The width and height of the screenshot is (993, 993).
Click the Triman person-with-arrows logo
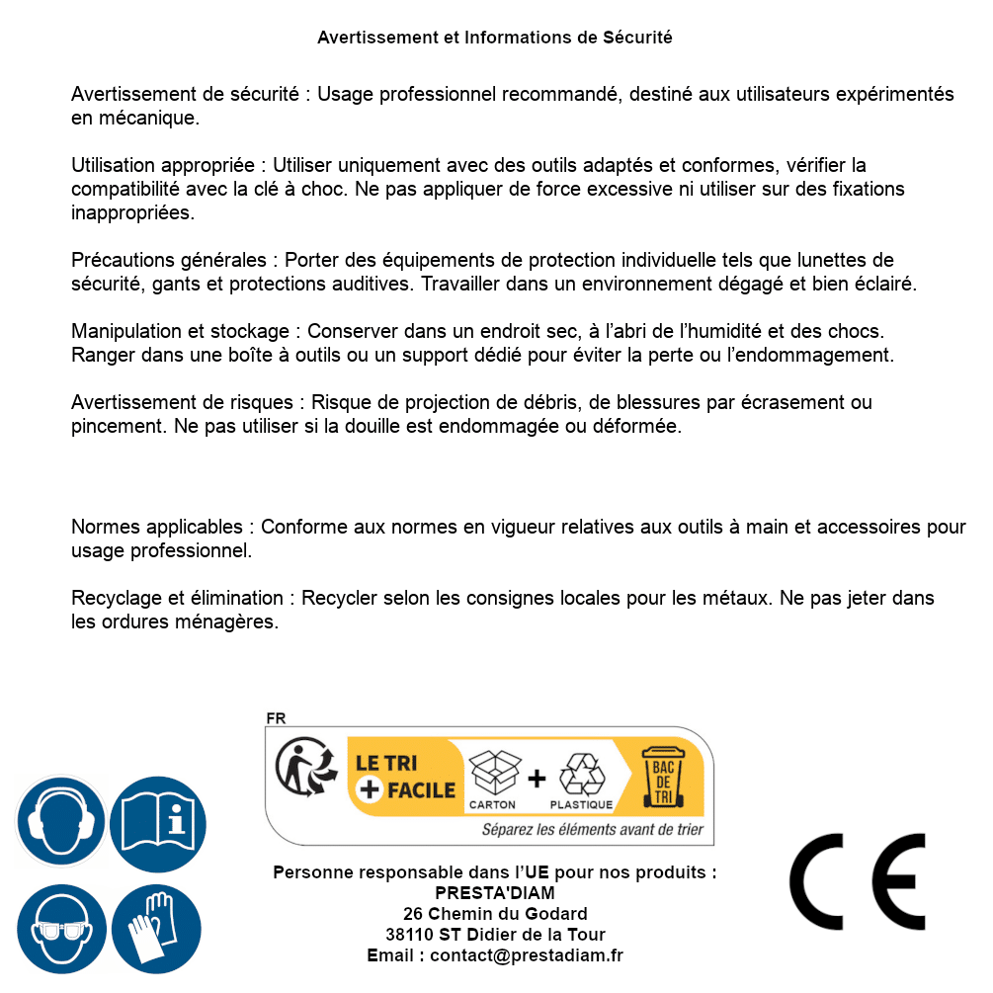301,768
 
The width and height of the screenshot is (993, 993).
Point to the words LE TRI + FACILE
405,777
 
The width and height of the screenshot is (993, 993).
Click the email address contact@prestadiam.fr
527,955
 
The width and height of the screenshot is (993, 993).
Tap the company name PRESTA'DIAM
495,893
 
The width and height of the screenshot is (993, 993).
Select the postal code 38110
408,935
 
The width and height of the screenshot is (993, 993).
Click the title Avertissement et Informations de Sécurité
495,39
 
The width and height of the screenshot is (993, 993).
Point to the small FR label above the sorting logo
276,718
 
